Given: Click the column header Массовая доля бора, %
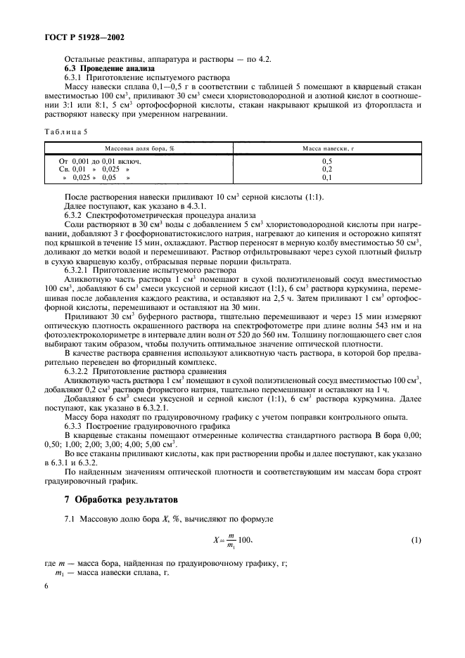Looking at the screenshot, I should coord(139,150).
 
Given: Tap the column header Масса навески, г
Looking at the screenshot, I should coord(327,150).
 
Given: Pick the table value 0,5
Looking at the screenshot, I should coord(327,161).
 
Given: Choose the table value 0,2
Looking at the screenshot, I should coord(327,169).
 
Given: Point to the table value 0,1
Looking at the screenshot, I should coord(327,178).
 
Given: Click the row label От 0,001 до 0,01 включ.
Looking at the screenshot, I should coord(101,161).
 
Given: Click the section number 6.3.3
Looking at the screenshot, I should coord(75,426).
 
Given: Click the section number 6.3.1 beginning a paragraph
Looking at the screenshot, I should coord(75,78).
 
